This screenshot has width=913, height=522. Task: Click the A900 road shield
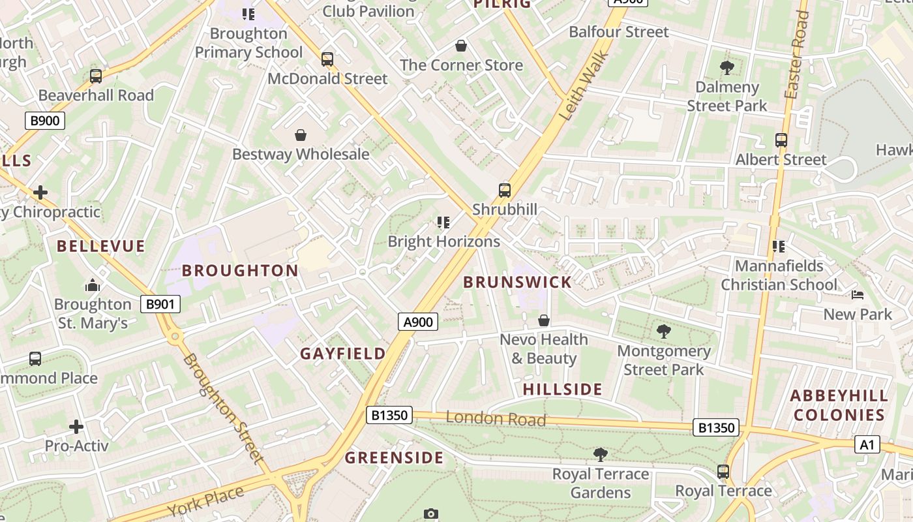[418, 321]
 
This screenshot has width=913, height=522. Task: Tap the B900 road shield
[45, 120]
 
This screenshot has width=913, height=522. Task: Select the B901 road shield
[160, 304]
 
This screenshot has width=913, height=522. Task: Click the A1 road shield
[867, 445]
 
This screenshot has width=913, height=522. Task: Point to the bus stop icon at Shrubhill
[505, 191]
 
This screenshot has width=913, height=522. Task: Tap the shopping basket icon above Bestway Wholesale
[301, 135]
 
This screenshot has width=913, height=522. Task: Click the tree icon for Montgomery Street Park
[663, 331]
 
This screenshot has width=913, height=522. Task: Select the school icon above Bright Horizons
[443, 223]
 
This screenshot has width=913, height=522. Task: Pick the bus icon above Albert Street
[781, 140]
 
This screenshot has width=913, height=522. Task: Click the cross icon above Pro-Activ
[76, 427]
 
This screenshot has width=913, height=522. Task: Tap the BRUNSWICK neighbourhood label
[517, 283]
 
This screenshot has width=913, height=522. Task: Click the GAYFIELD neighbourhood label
[343, 354]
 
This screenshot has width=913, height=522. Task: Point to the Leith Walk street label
[584, 87]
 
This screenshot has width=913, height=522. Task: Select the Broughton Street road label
[223, 408]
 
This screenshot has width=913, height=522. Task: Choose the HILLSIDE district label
[563, 390]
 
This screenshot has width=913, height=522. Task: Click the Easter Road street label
[796, 55]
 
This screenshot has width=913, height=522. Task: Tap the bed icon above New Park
[858, 295]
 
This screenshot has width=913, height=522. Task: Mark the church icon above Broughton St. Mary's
[92, 285]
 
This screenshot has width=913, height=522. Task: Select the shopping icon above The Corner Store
[461, 46]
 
